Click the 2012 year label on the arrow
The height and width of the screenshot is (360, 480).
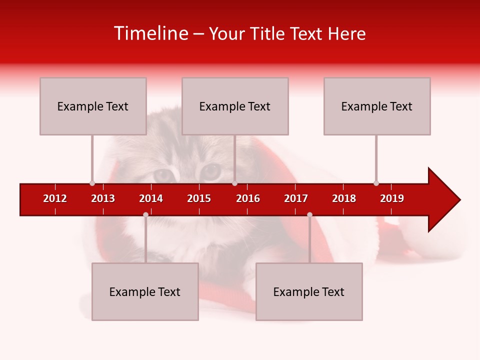(x=55, y=198)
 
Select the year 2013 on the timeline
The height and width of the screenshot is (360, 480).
(x=103, y=198)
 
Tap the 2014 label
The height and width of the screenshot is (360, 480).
(x=151, y=198)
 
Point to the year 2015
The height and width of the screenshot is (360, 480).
(x=199, y=198)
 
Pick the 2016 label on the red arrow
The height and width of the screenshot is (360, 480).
(x=248, y=198)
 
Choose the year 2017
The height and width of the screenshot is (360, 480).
(x=296, y=198)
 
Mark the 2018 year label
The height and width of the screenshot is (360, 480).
(x=344, y=198)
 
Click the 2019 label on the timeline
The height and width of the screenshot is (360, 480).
(x=392, y=198)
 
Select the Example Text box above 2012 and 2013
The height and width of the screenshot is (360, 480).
(x=93, y=106)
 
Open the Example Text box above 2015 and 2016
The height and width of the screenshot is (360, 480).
(x=235, y=106)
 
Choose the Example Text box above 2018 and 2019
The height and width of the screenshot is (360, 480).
(x=377, y=106)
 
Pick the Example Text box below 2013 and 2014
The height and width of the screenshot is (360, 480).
(x=145, y=291)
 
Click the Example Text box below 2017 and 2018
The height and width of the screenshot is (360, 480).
(x=309, y=291)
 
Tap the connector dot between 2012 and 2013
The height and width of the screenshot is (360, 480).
(x=92, y=183)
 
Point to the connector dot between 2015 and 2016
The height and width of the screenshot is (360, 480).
(x=234, y=183)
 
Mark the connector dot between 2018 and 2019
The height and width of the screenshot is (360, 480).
(x=376, y=183)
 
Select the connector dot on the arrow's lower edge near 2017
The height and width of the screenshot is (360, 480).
(x=309, y=214)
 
